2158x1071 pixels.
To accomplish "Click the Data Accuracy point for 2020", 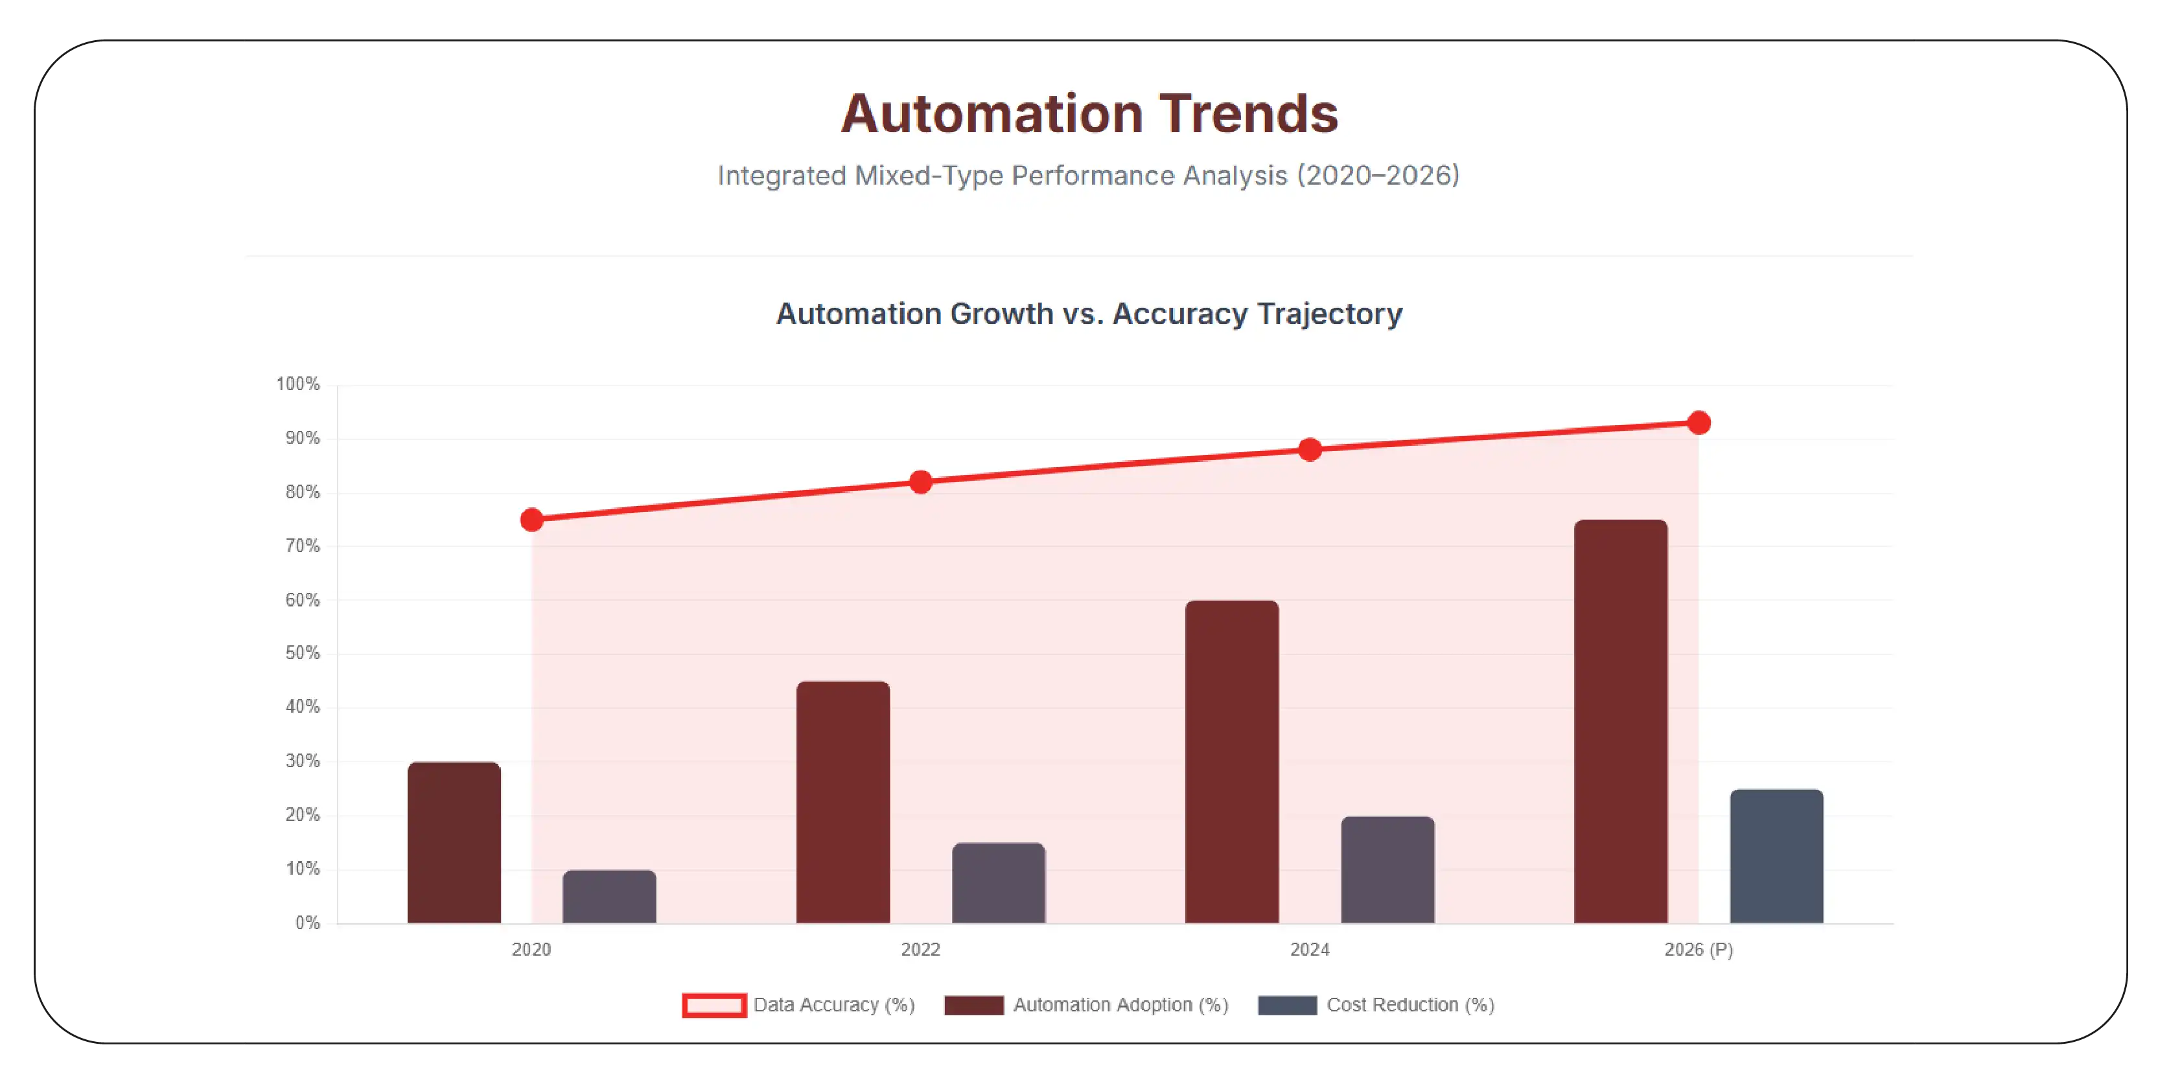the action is click(531, 520).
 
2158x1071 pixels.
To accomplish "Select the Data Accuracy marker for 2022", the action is click(921, 482).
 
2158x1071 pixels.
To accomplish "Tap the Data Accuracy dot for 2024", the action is click(1309, 450).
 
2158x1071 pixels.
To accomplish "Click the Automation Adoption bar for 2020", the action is click(454, 842).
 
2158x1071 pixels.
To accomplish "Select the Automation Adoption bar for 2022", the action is click(842, 802).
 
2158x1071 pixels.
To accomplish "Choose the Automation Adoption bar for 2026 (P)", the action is click(1620, 722).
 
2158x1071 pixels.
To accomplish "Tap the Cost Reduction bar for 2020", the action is click(609, 897).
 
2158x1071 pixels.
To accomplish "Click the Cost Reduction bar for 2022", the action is click(999, 883).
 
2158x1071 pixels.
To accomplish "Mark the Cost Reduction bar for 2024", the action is click(1387, 870).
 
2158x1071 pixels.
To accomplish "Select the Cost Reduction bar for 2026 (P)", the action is click(1776, 857).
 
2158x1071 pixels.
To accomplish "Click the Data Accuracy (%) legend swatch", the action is click(714, 1005).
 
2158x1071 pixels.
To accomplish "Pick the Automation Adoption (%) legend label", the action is click(1121, 1005).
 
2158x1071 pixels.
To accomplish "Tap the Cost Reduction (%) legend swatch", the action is click(1288, 1005).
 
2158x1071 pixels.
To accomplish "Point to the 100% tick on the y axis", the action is click(298, 384).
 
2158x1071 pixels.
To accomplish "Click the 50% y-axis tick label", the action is click(303, 653).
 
